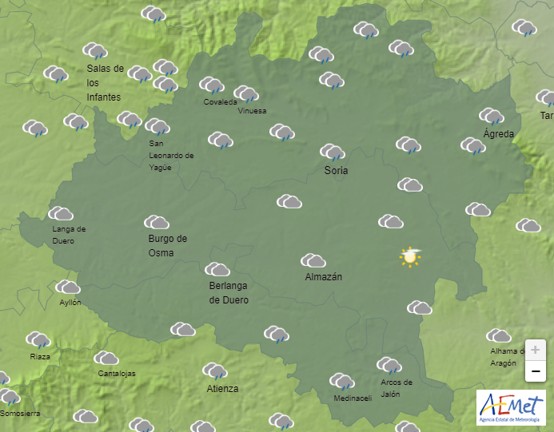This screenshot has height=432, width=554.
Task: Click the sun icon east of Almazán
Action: click(411, 256)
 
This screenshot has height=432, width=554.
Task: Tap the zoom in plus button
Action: click(535, 350)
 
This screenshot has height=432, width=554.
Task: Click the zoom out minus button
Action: click(535, 371)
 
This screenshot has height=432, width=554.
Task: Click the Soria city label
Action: click(336, 170)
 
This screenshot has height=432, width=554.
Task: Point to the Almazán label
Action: click(324, 277)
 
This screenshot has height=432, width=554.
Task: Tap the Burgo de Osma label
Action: click(167, 245)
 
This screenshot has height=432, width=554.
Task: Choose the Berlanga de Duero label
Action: click(229, 293)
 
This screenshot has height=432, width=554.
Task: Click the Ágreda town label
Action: click(499, 133)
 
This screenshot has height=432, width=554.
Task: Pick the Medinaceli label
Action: click(353, 398)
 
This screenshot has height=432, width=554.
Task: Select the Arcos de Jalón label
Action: click(397, 387)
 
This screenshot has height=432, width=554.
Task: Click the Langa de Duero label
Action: click(69, 235)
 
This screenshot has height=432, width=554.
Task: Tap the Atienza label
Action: click(222, 389)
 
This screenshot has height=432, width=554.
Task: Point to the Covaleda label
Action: click(220, 102)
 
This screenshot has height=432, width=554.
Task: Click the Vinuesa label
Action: click(252, 111)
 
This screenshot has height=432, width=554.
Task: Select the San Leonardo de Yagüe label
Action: click(171, 156)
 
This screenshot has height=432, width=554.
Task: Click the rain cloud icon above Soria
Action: click(332, 152)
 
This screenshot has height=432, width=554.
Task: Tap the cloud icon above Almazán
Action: click(313, 260)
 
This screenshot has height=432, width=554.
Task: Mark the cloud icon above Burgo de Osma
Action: click(156, 222)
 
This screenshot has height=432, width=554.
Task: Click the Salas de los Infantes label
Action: click(105, 83)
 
